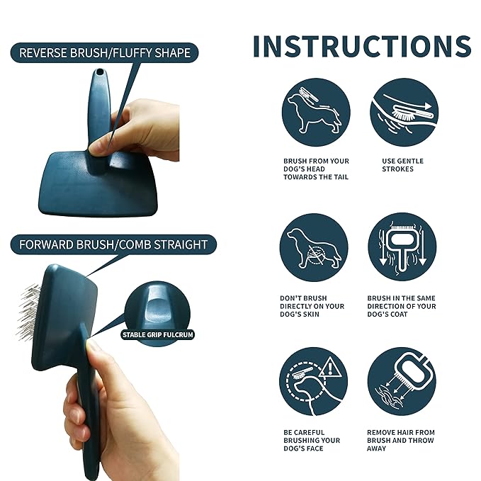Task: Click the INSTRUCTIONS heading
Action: (361, 47)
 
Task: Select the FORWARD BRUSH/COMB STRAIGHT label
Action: (113, 244)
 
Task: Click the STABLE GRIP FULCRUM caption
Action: (157, 334)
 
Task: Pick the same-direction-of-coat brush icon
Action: (402, 247)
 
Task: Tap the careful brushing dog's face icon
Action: (315, 381)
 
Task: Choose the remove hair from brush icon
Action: (402, 381)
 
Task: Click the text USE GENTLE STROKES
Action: (402, 165)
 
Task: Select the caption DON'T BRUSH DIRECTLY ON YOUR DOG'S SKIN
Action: (312, 306)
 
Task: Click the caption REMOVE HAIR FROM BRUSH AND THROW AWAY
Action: (400, 440)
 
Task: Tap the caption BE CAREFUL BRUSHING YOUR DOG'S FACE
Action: (311, 440)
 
